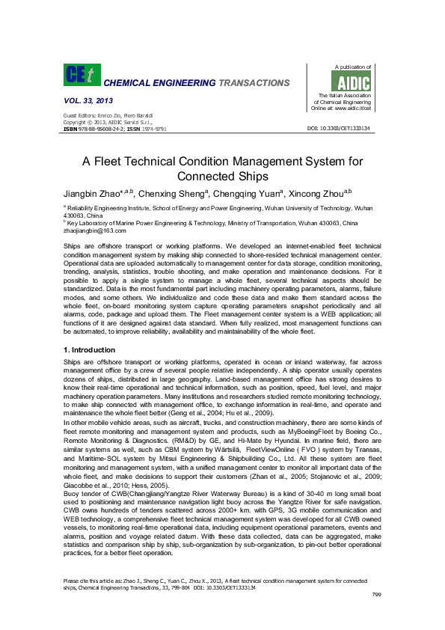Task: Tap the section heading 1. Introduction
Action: (x=90, y=349)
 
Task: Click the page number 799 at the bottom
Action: (x=377, y=615)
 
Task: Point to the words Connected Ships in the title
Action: (x=222, y=177)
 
